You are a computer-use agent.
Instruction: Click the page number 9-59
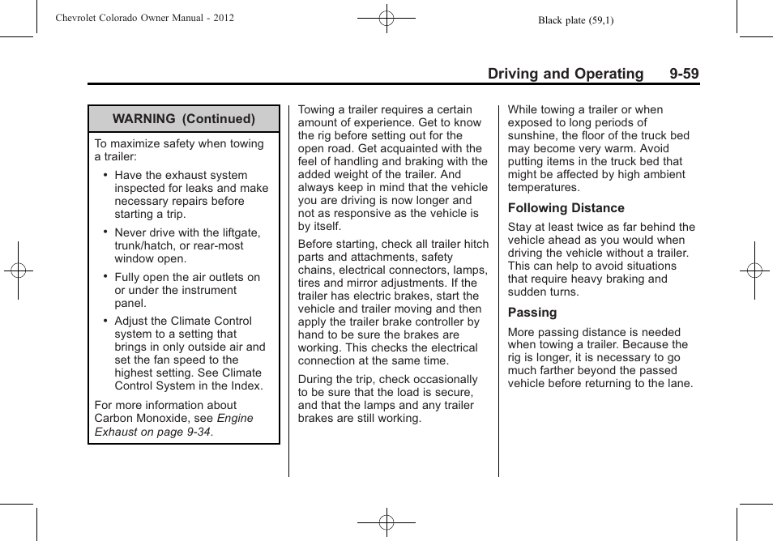point(684,74)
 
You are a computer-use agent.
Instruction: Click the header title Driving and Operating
point(566,74)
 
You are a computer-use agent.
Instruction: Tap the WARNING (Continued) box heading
point(184,119)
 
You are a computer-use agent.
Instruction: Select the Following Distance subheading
point(566,208)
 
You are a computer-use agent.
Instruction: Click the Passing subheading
point(532,313)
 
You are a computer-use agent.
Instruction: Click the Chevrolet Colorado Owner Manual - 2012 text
point(145,17)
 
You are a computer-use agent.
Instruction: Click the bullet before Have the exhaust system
point(105,175)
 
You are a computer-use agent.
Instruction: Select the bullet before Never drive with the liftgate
point(105,232)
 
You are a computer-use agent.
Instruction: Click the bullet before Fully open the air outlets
point(105,277)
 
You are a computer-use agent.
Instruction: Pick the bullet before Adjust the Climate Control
point(105,321)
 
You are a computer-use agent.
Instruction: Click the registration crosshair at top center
point(386,17)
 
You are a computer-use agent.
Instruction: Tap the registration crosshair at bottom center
point(386,522)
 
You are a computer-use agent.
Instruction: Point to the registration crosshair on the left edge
point(18,270)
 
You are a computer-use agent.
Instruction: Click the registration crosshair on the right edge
point(754,270)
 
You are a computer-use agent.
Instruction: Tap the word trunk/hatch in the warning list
point(143,246)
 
